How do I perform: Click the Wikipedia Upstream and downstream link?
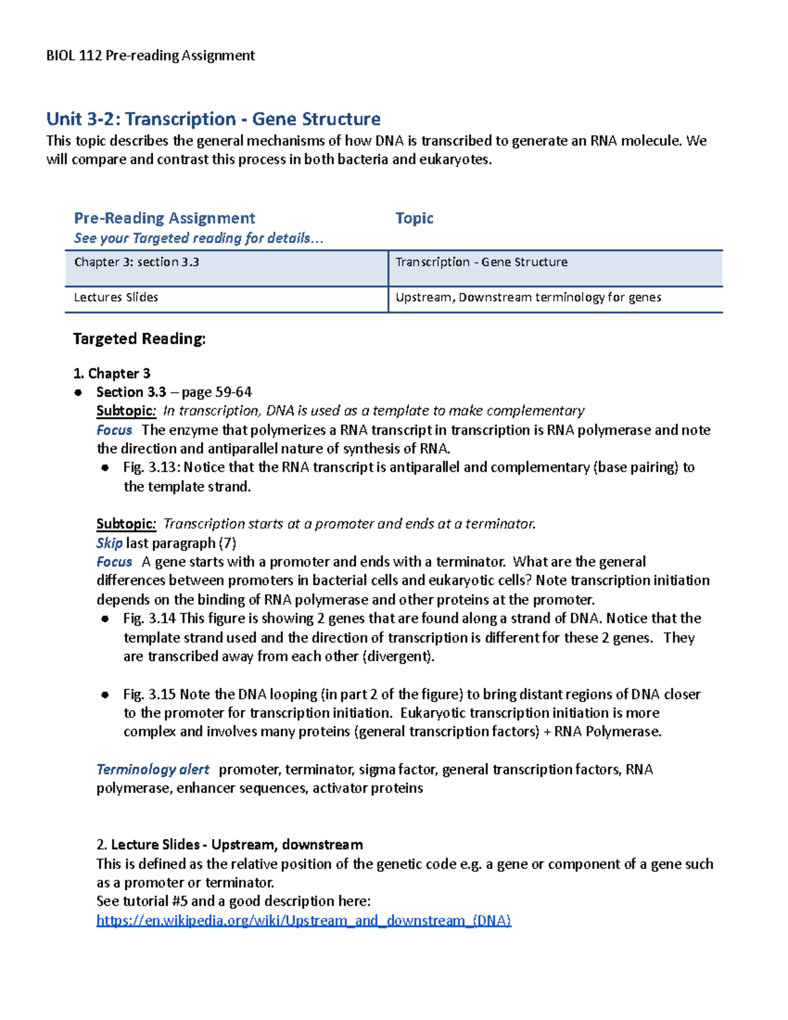[x=303, y=920]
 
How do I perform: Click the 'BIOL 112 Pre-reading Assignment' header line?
[x=150, y=55]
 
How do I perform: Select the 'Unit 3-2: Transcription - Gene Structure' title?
[x=213, y=119]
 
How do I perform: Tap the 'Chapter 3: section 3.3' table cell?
[x=137, y=262]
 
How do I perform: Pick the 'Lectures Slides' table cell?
[x=116, y=298]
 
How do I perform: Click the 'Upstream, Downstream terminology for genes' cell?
[x=528, y=298]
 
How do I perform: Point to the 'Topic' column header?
[x=414, y=218]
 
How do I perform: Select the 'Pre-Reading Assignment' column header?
[x=164, y=218]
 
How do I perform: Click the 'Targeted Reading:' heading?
[x=139, y=339]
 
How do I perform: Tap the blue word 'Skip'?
[x=109, y=543]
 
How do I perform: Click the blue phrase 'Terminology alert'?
[x=153, y=769]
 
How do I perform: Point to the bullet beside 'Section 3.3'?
[x=78, y=393]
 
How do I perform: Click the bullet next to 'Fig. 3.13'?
[x=105, y=468]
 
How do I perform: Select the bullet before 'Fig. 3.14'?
[x=105, y=619]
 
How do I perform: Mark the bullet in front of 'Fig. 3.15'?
[x=105, y=695]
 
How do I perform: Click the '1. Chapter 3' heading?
[x=112, y=374]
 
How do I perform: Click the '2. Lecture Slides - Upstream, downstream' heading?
[x=229, y=845]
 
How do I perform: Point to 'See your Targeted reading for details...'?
[x=199, y=238]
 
